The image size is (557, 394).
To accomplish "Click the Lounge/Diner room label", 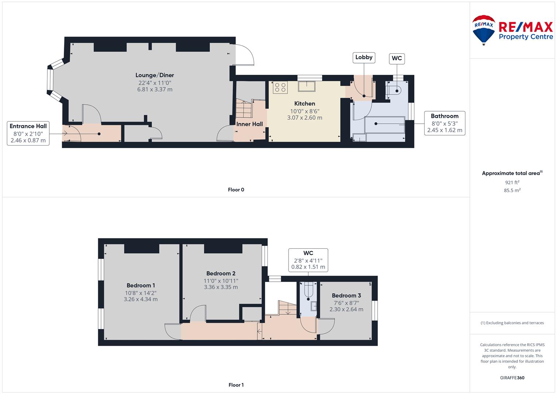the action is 155,75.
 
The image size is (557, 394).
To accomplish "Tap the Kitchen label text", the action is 305,104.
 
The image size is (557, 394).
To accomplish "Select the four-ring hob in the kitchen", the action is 280,87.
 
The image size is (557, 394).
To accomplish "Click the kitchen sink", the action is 307,86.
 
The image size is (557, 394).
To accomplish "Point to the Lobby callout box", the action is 364,58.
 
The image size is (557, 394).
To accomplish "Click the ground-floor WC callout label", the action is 397,58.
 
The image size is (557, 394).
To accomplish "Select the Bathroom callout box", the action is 445,123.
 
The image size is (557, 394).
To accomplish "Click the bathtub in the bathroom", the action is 385,125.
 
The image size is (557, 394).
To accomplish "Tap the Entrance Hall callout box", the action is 28,133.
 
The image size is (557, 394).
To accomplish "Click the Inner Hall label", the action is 250,124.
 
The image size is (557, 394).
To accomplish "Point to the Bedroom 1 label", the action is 141,285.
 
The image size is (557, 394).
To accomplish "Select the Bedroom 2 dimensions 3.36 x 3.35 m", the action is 221,287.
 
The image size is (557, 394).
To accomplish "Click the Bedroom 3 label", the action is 347,295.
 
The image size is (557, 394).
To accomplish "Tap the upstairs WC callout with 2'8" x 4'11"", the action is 308,260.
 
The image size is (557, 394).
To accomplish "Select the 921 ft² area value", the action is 512,182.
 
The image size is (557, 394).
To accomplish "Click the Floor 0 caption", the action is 236,190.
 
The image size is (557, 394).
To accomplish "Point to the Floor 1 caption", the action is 236,385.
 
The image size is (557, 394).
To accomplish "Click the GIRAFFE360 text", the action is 512,378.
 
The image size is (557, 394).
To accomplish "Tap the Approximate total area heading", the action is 512,173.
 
